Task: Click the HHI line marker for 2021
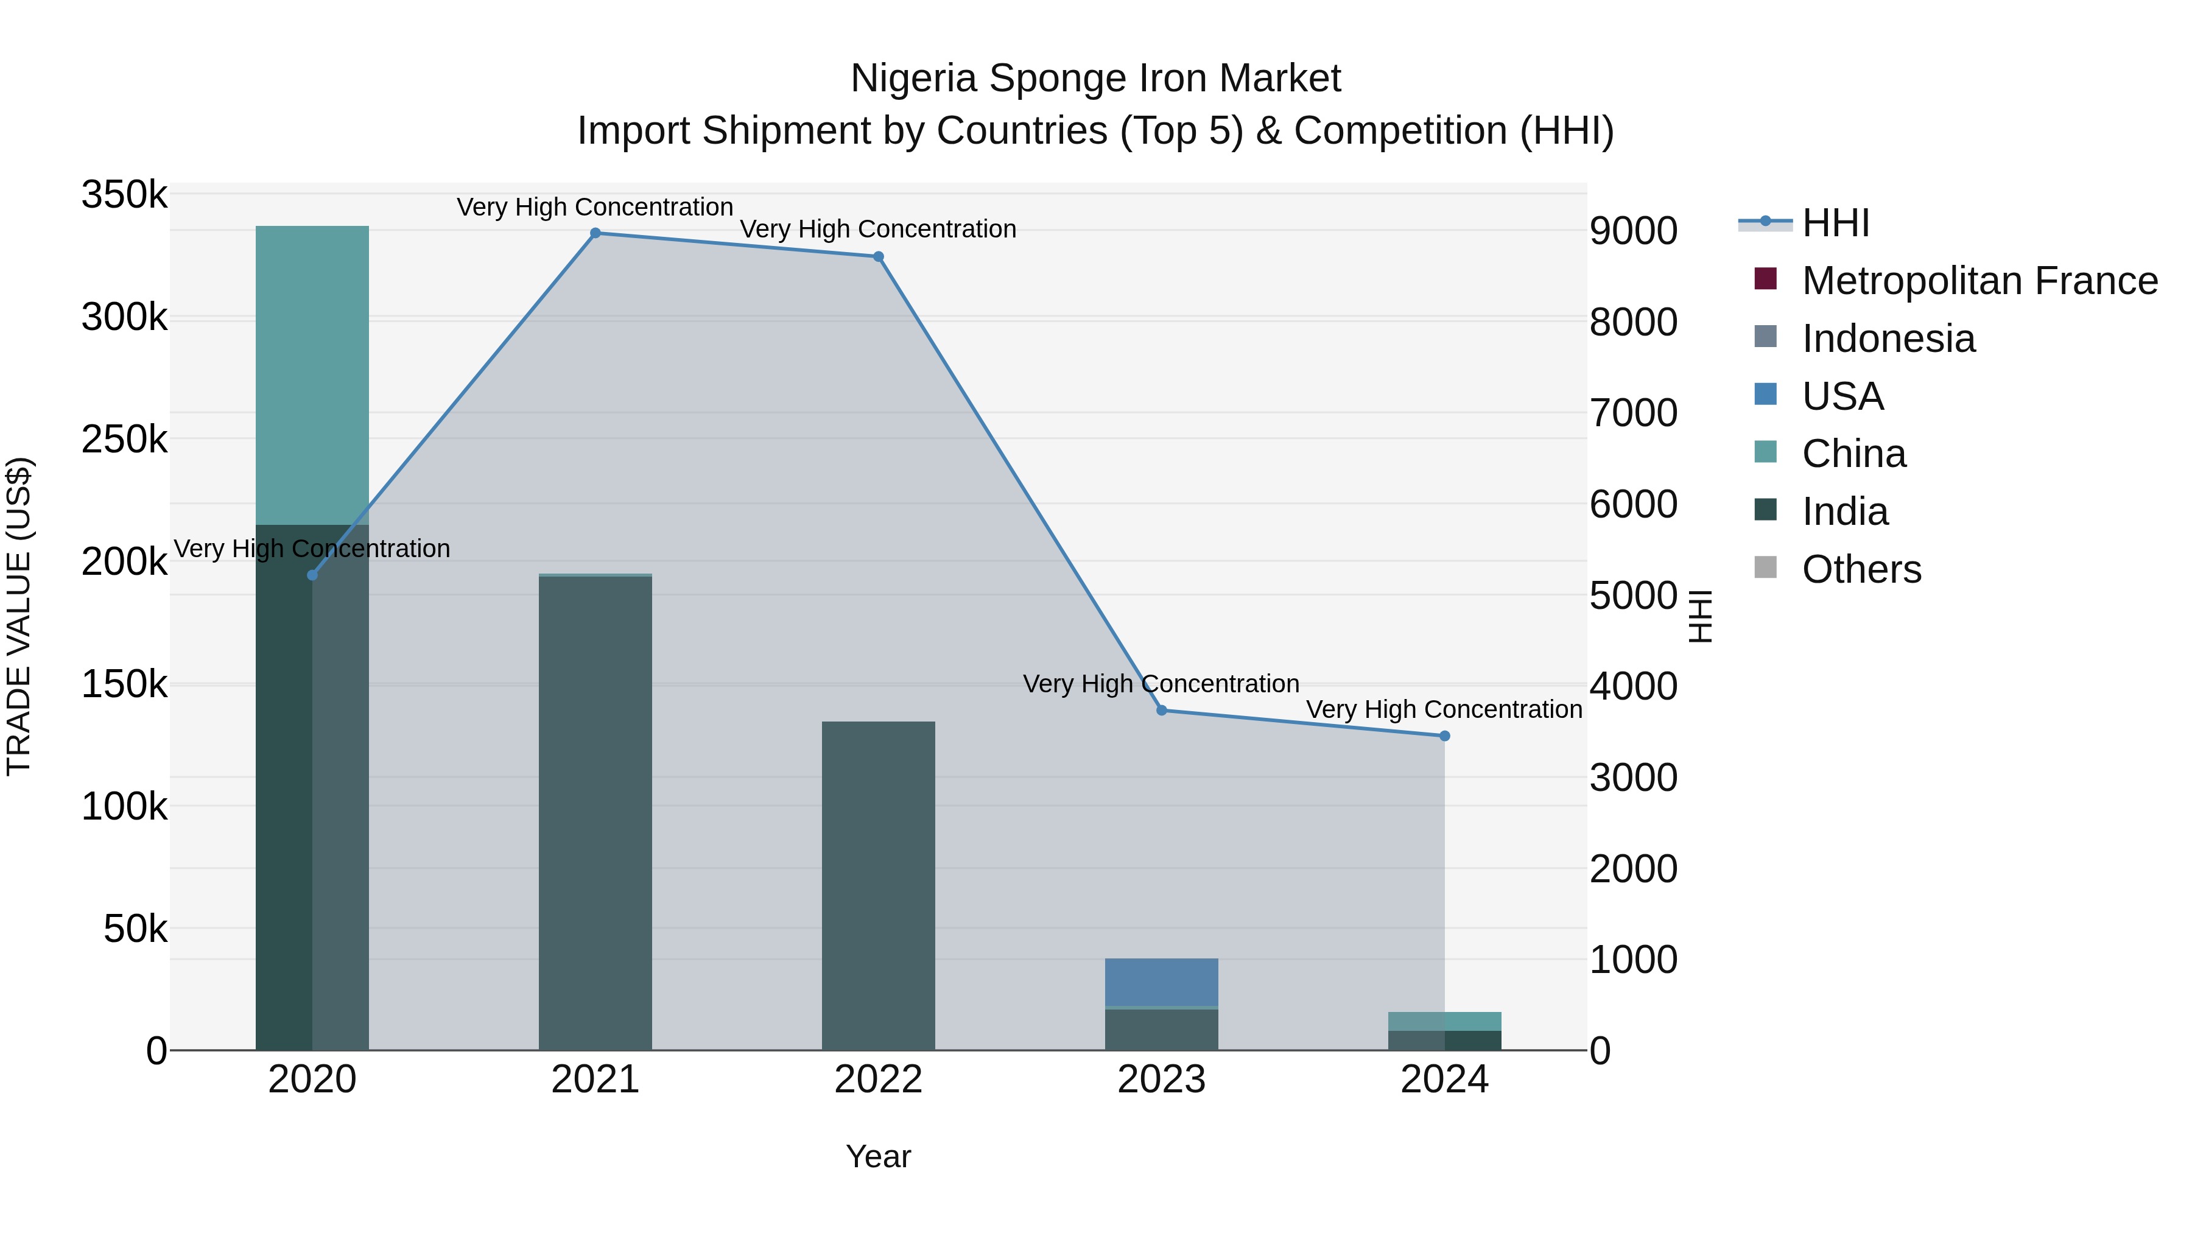point(595,233)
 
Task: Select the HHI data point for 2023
point(1162,711)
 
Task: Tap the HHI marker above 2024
point(1444,736)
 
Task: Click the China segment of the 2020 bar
point(312,374)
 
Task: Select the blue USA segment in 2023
point(1162,982)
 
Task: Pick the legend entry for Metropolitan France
point(1979,281)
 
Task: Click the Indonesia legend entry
point(1888,339)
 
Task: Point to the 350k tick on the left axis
point(124,195)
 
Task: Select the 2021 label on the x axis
point(595,1080)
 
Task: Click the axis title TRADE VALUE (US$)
point(19,616)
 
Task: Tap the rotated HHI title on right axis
point(1699,616)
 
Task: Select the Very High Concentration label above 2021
point(595,207)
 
